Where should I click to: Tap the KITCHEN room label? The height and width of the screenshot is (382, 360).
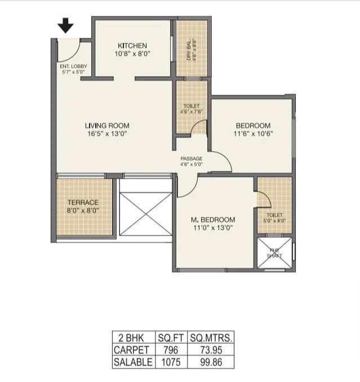132,46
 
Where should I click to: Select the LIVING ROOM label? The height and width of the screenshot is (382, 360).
107,126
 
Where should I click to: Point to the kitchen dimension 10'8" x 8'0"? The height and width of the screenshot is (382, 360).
132,54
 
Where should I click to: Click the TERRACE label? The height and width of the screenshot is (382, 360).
83,202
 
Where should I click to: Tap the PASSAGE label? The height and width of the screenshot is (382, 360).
191,158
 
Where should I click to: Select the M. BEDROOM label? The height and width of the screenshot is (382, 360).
212,219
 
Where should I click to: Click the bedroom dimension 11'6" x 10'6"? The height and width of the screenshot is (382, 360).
253,134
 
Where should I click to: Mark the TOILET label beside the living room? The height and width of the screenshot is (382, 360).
192,106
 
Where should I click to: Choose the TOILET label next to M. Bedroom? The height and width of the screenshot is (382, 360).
274,215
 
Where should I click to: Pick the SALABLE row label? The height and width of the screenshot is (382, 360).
133,362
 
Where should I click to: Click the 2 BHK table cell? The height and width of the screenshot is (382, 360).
133,337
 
